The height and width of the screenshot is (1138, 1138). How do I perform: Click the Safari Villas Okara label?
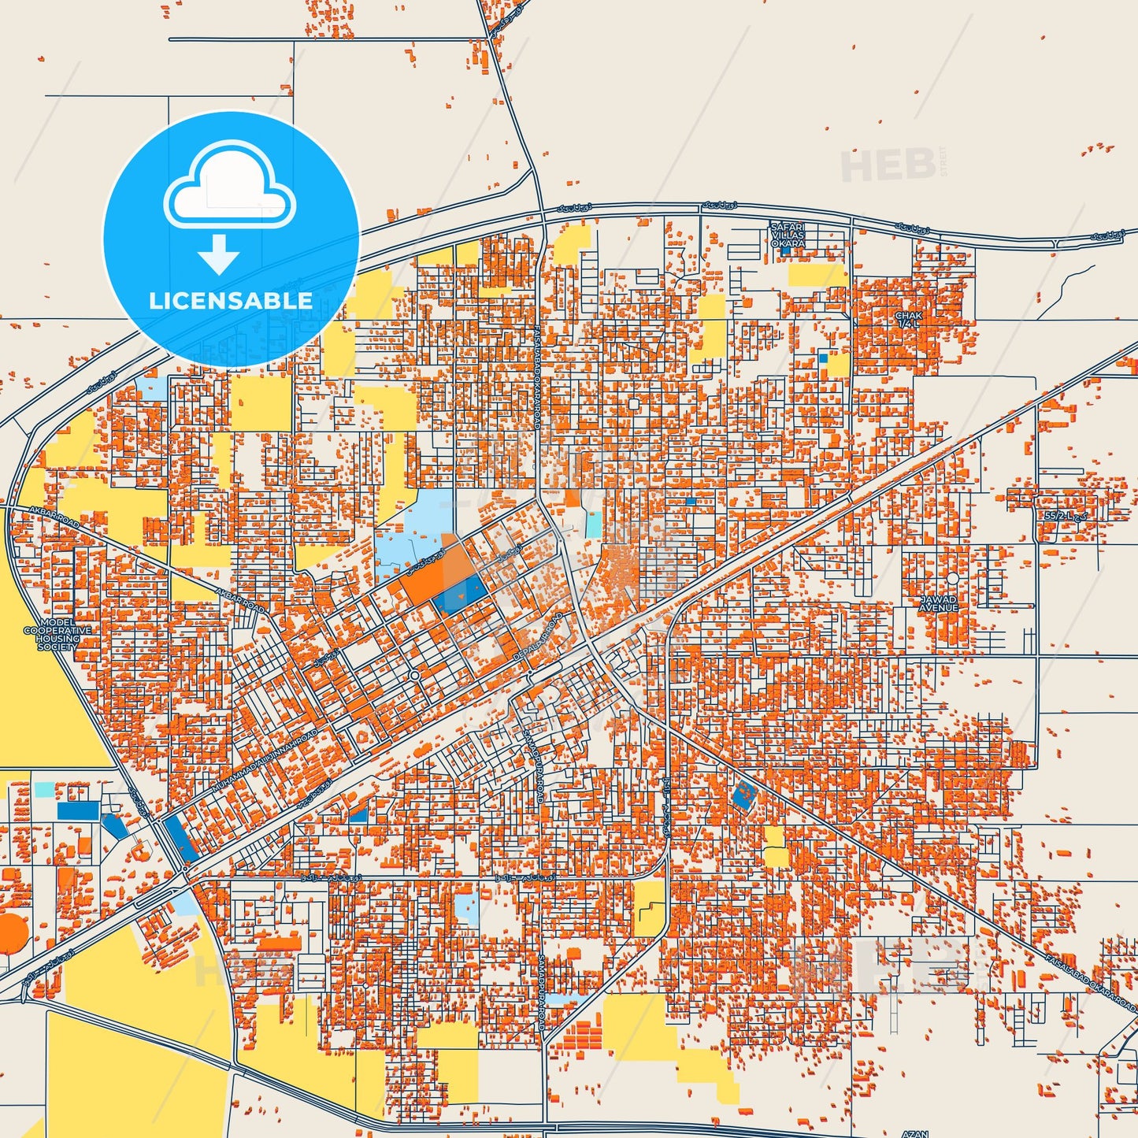coord(788,235)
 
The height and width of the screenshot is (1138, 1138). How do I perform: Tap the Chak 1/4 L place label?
coord(908,319)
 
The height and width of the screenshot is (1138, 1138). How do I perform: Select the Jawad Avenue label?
coord(939,604)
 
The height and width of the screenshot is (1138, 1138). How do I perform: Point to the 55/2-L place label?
coord(1063,514)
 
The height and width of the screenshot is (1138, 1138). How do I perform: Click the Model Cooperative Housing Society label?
coord(57,634)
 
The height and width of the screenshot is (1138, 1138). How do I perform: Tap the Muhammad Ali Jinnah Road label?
coord(266,760)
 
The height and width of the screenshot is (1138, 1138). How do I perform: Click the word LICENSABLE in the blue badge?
coord(231,301)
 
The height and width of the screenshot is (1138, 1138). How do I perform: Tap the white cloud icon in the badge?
coord(229,193)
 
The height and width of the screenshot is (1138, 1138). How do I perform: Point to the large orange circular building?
coord(11,932)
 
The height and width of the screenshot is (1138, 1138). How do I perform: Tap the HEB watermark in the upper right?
coord(888,165)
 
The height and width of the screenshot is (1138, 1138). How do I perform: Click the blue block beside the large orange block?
coord(459,594)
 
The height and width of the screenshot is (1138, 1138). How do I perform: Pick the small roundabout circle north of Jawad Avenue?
coord(952,578)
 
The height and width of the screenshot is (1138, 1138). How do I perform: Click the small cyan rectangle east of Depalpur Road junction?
coord(592,525)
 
